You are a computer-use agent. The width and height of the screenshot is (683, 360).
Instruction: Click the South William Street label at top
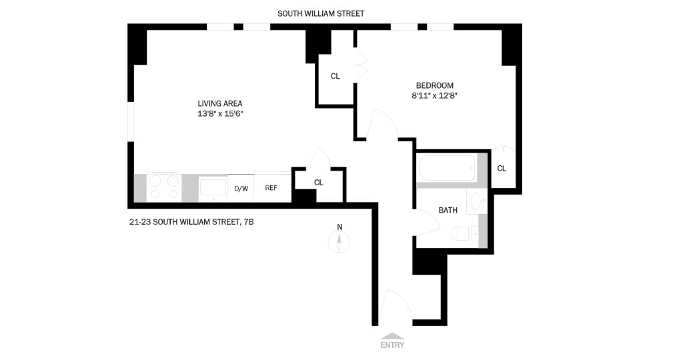(x=321, y=13)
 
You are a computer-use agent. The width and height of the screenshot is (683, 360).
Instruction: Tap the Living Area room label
(x=219, y=103)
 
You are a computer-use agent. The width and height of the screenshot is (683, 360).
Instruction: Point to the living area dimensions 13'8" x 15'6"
(x=219, y=114)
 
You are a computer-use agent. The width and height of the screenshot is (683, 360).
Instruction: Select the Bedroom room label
(x=434, y=85)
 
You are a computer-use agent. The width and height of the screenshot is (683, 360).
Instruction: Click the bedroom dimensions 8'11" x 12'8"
(x=434, y=96)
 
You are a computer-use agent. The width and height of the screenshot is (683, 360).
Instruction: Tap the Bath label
(x=448, y=210)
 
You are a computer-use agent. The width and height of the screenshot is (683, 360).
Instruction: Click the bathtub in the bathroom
(x=446, y=169)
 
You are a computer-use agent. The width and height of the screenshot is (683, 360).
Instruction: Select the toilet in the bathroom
(x=464, y=234)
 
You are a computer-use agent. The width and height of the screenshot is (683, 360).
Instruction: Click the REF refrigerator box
(x=271, y=188)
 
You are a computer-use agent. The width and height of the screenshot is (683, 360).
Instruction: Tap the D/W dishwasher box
(x=241, y=189)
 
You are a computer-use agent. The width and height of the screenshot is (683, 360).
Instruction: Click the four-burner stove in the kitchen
(x=164, y=187)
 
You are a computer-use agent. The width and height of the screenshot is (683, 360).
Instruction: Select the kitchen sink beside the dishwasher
(x=213, y=188)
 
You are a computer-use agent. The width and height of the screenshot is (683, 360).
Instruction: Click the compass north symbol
(x=339, y=241)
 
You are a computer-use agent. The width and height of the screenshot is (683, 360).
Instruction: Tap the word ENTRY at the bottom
(x=392, y=345)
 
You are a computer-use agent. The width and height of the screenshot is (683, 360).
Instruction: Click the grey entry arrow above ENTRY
(x=392, y=336)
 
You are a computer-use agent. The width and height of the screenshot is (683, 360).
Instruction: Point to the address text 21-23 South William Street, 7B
(x=191, y=222)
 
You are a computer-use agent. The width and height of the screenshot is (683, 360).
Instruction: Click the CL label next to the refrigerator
(x=319, y=183)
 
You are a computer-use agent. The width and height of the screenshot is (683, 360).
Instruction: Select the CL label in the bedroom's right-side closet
(x=502, y=169)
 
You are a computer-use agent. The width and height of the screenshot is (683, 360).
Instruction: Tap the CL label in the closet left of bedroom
(x=335, y=77)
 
